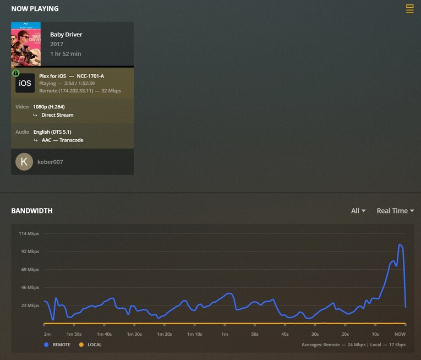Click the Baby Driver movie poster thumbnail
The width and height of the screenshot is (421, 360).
pyautogui.click(x=26, y=44)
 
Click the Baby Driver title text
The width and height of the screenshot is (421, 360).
pyautogui.click(x=66, y=34)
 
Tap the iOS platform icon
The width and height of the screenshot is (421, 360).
pyautogui.click(x=25, y=83)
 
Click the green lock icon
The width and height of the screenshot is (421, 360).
pyautogui.click(x=15, y=73)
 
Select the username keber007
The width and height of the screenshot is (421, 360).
pyautogui.click(x=51, y=162)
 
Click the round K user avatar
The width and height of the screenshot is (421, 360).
pyautogui.click(x=24, y=162)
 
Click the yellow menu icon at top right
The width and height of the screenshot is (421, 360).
pyautogui.click(x=409, y=8)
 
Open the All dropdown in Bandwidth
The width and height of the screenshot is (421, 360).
pyautogui.click(x=358, y=211)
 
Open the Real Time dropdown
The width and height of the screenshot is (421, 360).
pyautogui.click(x=395, y=211)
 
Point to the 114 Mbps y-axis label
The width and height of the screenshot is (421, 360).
pyautogui.click(x=29, y=233)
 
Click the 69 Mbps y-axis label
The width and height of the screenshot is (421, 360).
pyautogui.click(x=29, y=270)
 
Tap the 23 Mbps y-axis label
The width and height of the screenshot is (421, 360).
pyautogui.click(x=29, y=306)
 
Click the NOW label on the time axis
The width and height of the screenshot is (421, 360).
pyautogui.click(x=400, y=334)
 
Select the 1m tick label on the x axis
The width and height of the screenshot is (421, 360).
pyautogui.click(x=225, y=334)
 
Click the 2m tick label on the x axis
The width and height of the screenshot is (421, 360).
pyautogui.click(x=47, y=334)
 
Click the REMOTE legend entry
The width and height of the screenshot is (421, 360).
pyautogui.click(x=58, y=345)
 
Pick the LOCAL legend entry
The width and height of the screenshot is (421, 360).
pyautogui.click(x=91, y=345)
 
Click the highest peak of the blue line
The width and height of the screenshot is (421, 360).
pyautogui.click(x=400, y=244)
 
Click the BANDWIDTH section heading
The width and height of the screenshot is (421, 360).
pyautogui.click(x=32, y=211)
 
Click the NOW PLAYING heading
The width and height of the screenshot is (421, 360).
pyautogui.click(x=35, y=9)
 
